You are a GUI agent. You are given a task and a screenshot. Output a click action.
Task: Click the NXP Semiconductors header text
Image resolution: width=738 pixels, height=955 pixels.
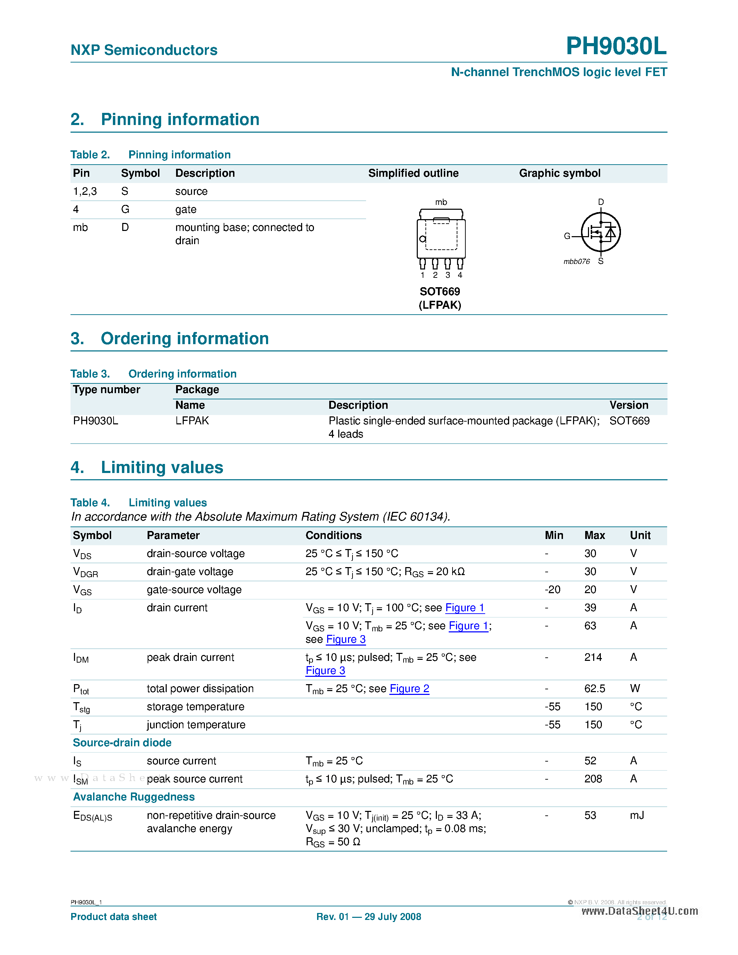click(144, 50)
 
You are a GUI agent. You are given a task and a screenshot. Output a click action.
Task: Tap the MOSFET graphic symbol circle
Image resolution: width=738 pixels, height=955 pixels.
click(601, 232)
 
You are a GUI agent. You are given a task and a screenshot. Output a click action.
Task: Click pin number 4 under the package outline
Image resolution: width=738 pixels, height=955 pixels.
click(460, 275)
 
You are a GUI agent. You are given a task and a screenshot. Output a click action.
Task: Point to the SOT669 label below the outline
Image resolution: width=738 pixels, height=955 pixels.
click(440, 292)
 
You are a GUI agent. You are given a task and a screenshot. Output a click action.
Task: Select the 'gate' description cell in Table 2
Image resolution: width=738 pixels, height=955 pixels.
click(186, 209)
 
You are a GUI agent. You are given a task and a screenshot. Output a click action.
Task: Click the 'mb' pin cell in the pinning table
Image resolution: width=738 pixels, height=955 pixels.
click(81, 227)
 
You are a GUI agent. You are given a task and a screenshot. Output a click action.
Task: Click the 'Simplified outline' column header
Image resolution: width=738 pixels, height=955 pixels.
click(413, 173)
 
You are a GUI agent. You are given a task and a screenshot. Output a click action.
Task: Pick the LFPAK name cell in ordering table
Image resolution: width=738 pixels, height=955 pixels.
click(192, 421)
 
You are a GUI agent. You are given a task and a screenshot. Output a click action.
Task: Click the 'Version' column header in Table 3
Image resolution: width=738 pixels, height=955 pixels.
click(629, 405)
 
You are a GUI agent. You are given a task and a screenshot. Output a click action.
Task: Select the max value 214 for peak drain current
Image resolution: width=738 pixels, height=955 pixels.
click(593, 657)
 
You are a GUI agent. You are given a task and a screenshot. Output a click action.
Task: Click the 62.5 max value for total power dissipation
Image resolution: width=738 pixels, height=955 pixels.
click(595, 689)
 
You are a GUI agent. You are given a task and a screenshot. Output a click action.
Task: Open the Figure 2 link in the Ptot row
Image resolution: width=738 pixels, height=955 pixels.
click(409, 689)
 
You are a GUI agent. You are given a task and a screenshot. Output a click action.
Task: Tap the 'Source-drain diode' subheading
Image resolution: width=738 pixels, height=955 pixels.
click(122, 742)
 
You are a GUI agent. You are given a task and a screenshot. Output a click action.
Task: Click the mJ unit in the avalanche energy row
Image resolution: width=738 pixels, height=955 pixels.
click(637, 815)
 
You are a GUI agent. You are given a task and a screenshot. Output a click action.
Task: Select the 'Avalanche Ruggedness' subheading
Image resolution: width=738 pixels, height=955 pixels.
click(134, 797)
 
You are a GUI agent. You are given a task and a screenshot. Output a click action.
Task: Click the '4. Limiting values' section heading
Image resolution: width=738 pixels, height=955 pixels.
click(147, 467)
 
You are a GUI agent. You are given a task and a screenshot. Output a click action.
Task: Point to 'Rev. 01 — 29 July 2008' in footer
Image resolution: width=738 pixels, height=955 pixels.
click(368, 916)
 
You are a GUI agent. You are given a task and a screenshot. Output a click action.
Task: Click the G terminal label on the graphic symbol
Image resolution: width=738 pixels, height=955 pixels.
click(567, 236)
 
